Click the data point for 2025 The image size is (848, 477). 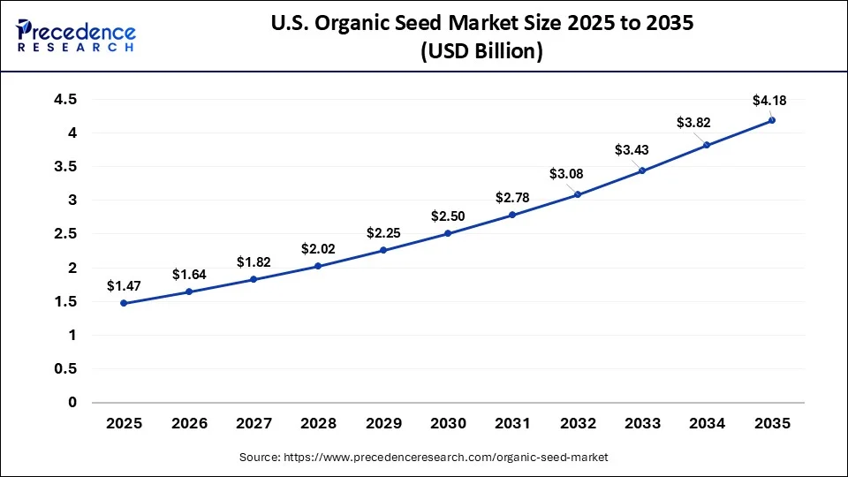click(124, 303)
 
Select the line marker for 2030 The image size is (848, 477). click(448, 233)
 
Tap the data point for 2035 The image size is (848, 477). click(771, 120)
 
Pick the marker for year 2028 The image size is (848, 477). click(318, 266)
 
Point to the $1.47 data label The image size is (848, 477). click(124, 285)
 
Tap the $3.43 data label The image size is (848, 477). click(632, 150)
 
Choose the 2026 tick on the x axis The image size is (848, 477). click(188, 423)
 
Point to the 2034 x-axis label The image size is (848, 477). click(707, 423)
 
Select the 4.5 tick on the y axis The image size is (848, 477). click(65, 100)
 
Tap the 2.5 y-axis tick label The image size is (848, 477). click(65, 234)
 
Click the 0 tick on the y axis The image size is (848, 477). click(73, 403)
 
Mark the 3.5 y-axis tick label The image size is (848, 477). click(65, 167)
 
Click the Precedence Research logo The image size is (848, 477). click(76, 35)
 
